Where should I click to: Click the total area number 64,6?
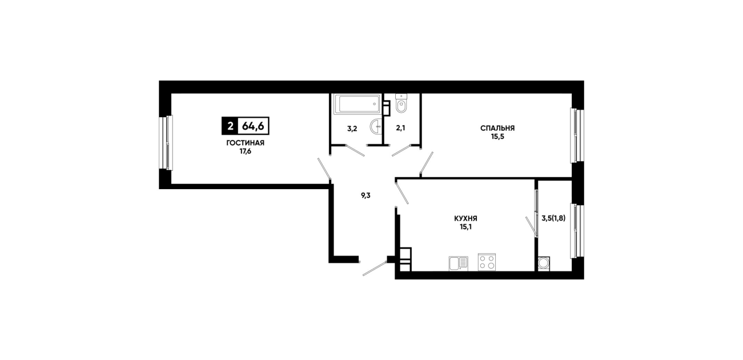(x=253, y=126)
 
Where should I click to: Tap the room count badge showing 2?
(x=230, y=126)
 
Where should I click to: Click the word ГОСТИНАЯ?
(x=246, y=143)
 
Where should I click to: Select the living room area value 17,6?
(x=246, y=151)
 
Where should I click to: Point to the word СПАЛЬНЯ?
(x=497, y=128)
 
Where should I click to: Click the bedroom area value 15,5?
(x=497, y=137)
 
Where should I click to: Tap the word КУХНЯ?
(x=465, y=219)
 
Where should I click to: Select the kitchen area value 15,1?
(x=465, y=227)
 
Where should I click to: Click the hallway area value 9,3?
(x=366, y=195)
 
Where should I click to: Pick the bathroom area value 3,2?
(x=352, y=129)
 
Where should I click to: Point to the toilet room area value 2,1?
(x=401, y=128)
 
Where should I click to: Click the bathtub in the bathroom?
(x=357, y=104)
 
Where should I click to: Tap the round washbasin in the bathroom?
(x=376, y=126)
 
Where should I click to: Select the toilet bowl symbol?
(x=401, y=103)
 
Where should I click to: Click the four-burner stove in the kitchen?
(x=487, y=262)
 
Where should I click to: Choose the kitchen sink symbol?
(x=459, y=264)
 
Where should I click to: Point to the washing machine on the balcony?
(x=544, y=264)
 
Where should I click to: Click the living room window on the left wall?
(x=166, y=143)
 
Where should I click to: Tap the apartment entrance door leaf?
(x=375, y=269)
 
